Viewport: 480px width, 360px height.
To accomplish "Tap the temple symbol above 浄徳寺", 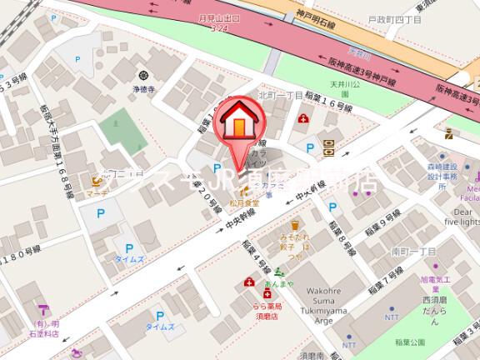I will [x=142, y=73].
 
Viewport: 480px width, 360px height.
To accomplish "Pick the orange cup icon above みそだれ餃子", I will [x=294, y=224].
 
